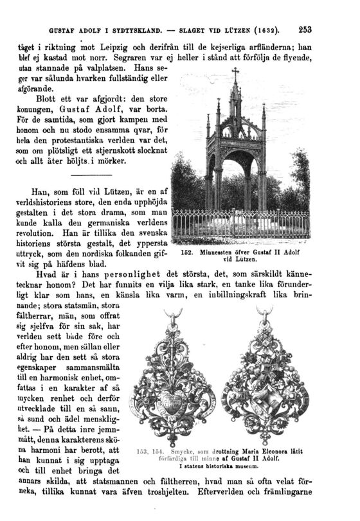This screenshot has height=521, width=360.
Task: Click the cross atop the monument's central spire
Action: [x=235, y=73]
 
